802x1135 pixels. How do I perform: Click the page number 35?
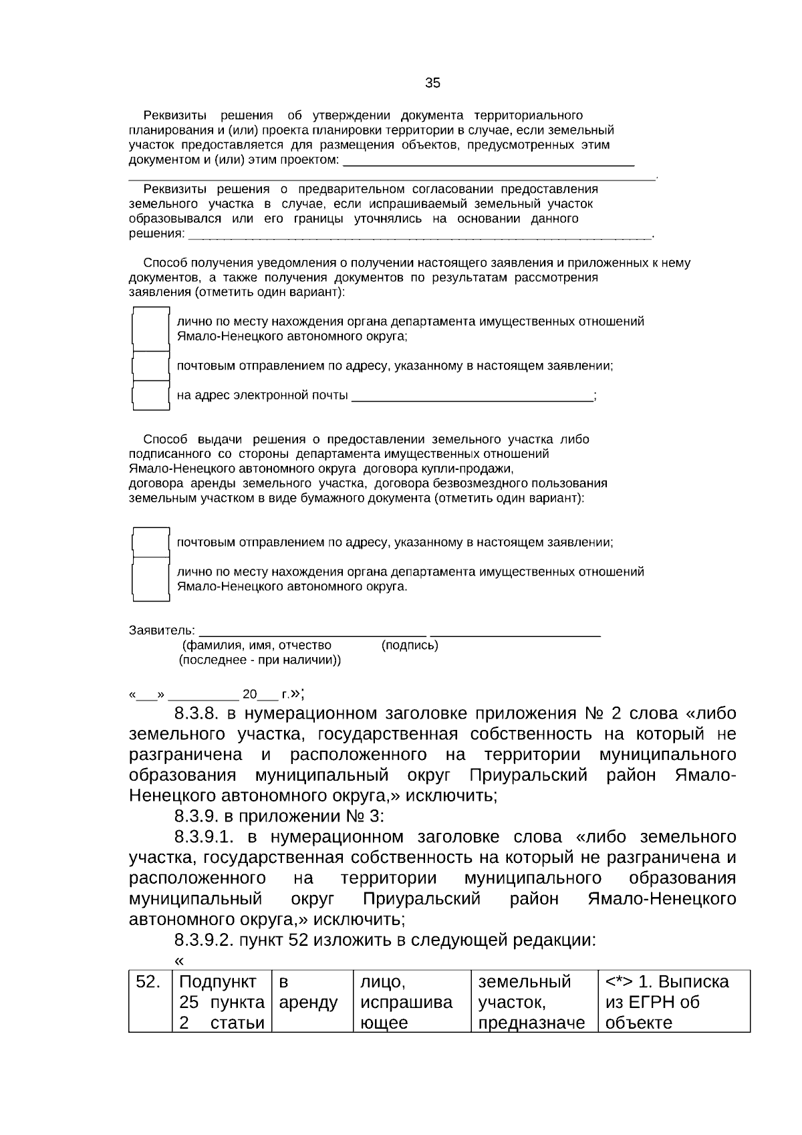pos(432,83)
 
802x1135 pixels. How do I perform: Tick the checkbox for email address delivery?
pos(150,395)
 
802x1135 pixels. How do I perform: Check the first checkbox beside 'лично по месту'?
pos(150,329)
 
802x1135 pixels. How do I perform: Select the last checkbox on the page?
pos(150,579)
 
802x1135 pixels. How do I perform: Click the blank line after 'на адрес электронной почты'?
pos(472,396)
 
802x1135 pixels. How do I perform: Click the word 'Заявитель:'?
pos(162,631)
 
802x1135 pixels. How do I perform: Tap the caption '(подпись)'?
pos(410,646)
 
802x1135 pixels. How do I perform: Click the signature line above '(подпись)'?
pos(515,632)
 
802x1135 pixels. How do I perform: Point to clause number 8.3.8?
pos(198,713)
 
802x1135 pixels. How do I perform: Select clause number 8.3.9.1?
pos(207,837)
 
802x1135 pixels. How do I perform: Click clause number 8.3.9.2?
pos(205,940)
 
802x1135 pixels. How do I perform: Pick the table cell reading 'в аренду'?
pos(311,1001)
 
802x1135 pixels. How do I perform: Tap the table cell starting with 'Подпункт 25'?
pos(222,1001)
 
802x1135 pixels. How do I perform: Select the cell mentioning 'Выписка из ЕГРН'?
pos(673,1001)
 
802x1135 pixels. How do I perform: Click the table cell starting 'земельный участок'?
pos(533,1001)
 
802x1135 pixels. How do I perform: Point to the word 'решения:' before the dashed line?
pos(156,234)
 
